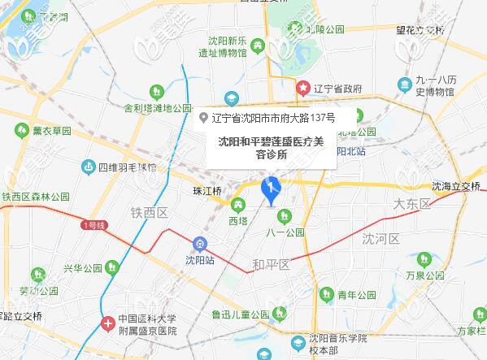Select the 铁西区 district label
(x=149, y=212)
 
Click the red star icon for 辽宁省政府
(x=303, y=87)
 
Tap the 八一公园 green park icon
(x=285, y=215)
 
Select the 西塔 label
(x=237, y=220)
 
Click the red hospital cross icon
(x=108, y=323)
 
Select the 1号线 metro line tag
(x=95, y=223)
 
